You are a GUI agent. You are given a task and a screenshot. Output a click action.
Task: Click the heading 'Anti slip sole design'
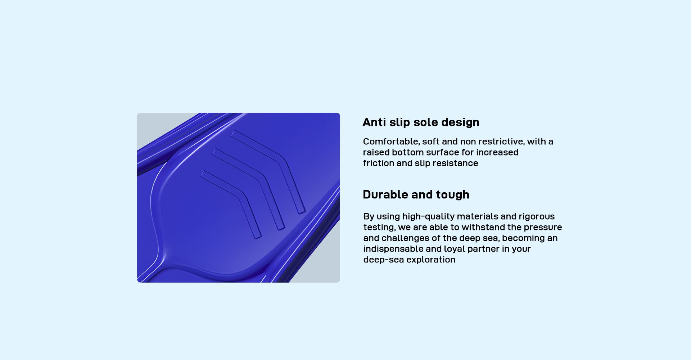[421, 122]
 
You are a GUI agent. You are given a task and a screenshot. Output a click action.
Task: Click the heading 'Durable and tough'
[416, 195]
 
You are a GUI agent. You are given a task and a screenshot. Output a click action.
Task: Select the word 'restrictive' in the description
[501, 141]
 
